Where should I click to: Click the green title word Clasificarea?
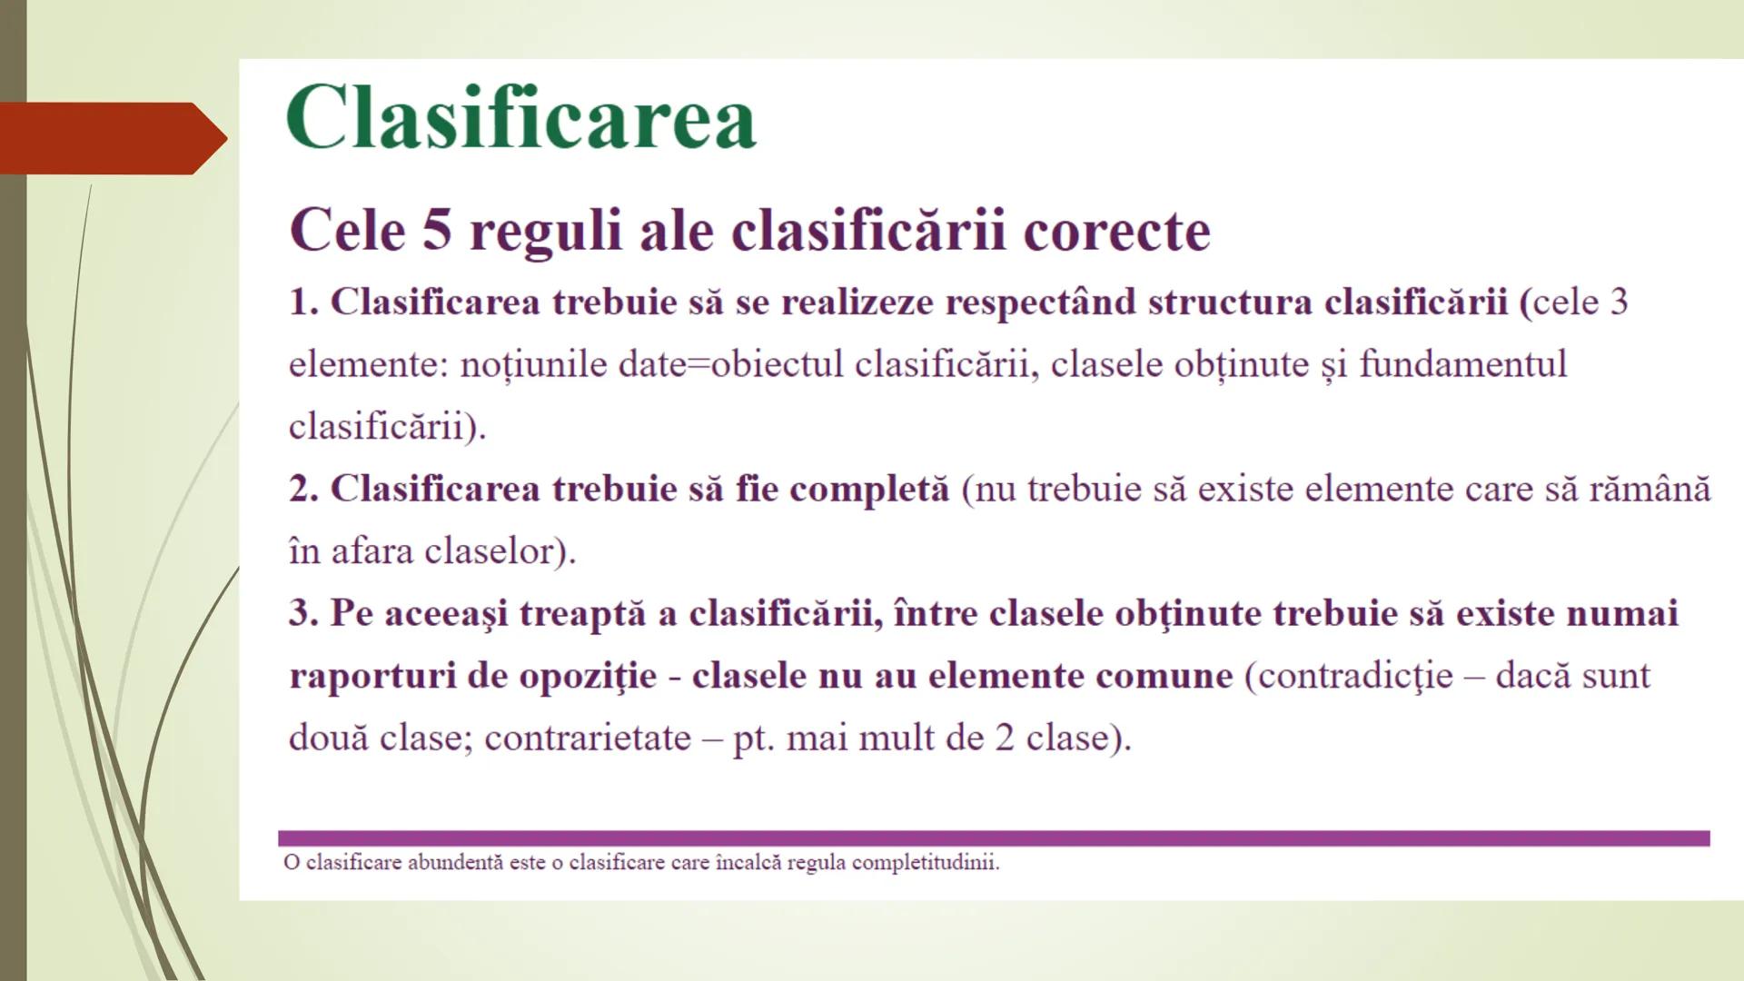(520, 118)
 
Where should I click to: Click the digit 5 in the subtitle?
(436, 230)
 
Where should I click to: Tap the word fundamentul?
(1462, 364)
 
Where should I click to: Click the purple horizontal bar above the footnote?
(994, 838)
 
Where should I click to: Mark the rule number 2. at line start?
(303, 490)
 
